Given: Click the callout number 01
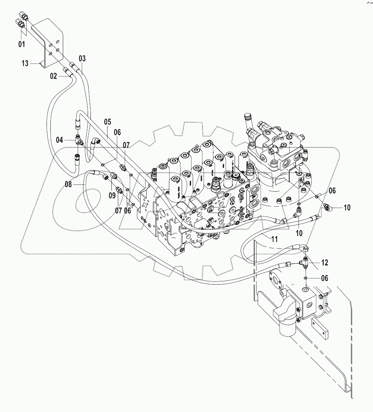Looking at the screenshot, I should [22, 44].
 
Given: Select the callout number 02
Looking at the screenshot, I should [53, 76].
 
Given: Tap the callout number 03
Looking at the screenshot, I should [82, 58].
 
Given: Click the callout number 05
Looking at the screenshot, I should [108, 122].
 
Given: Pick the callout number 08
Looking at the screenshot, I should [68, 184].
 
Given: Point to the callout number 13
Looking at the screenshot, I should [25, 64].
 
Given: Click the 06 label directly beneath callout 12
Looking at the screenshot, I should [324, 278].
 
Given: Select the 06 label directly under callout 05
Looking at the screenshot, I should [117, 132].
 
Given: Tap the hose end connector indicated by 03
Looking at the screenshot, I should [73, 66].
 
